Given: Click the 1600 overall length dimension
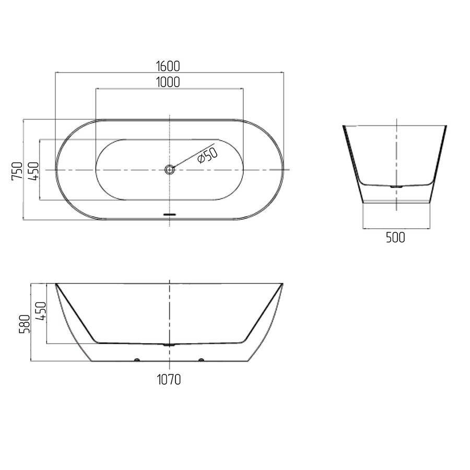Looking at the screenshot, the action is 168,66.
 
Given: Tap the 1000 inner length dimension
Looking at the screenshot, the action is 168,82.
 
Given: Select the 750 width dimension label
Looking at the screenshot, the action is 17,171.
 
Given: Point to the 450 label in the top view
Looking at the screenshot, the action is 33,171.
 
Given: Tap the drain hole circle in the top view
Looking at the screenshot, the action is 170,170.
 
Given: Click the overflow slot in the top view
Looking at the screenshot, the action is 170,214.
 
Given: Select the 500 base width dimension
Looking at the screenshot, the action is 395,238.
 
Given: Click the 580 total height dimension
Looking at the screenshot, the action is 25,324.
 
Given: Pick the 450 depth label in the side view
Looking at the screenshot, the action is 41,311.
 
